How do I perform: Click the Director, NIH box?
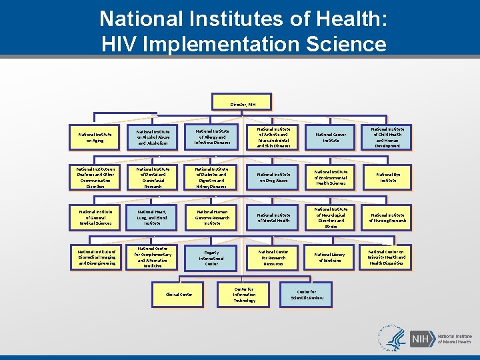(242, 104)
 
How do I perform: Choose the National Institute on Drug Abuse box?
(273, 177)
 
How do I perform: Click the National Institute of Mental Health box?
(273, 217)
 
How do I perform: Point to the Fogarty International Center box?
(211, 258)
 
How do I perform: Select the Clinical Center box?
(179, 294)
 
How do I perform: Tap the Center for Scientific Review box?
(307, 295)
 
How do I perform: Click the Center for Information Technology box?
(244, 295)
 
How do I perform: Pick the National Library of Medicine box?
(331, 257)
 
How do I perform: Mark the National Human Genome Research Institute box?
(212, 217)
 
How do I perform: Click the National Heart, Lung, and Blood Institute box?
(151, 217)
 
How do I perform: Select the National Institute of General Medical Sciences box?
(94, 217)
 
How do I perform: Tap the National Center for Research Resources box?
(273, 257)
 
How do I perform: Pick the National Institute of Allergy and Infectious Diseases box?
(212, 137)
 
